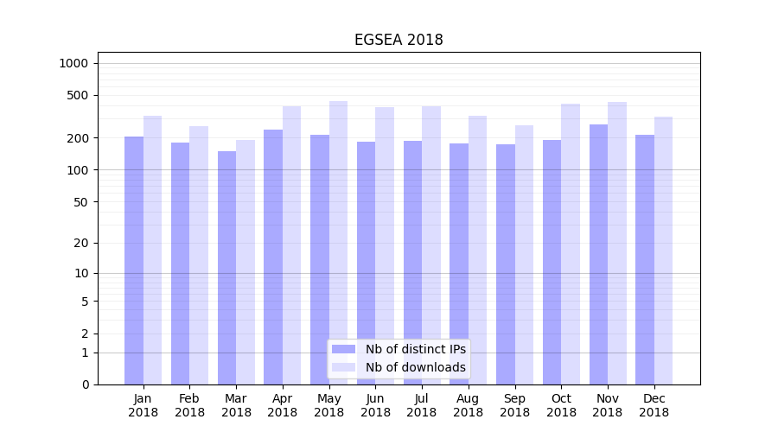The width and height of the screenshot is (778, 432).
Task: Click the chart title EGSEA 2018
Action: click(399, 40)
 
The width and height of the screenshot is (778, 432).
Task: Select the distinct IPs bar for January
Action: click(134, 259)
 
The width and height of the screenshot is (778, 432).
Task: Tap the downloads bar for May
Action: click(338, 242)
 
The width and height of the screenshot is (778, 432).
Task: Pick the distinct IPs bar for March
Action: click(226, 268)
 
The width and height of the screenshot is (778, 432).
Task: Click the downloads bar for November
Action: click(617, 242)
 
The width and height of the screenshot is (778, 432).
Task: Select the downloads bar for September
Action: click(524, 255)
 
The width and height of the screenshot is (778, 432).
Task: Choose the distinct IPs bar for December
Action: click(645, 259)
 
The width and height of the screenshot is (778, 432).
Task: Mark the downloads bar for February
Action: click(199, 255)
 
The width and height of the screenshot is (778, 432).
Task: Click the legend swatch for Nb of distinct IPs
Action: click(344, 349)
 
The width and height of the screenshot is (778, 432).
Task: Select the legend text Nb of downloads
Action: click(415, 367)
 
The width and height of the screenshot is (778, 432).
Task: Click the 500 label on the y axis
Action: click(78, 95)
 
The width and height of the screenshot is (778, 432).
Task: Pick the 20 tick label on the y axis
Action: click(81, 243)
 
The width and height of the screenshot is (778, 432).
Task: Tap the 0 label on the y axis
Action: click(85, 384)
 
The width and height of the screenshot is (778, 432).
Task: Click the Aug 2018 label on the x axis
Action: click(468, 405)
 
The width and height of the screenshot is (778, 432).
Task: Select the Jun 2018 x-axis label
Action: click(375, 405)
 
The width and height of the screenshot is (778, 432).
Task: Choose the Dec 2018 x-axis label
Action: click(654, 405)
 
